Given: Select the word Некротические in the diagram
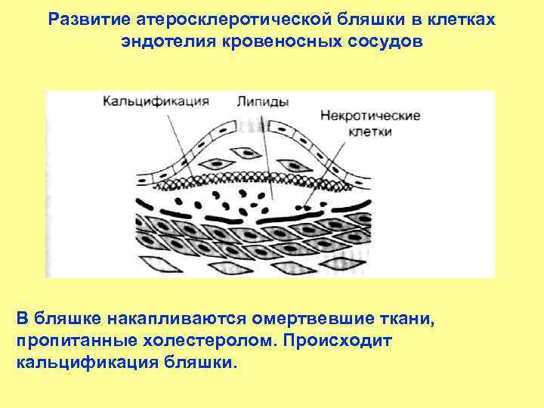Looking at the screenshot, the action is coord(370,116).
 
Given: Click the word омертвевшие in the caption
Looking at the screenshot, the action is coord(312,317).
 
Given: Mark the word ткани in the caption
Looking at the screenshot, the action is coord(409,317).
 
